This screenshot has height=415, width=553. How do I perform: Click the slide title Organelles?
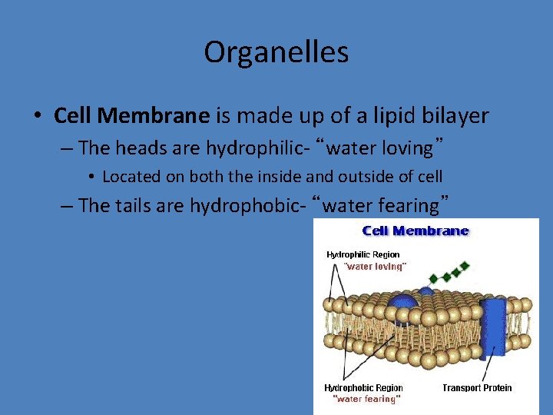click(x=276, y=52)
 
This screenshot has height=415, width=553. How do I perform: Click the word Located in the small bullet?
click(x=131, y=177)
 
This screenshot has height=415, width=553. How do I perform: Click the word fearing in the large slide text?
click(x=399, y=205)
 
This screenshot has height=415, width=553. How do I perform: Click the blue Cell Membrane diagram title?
click(x=415, y=231)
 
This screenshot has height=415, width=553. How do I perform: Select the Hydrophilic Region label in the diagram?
click(x=363, y=254)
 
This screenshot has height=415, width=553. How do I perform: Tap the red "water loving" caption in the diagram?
click(x=375, y=266)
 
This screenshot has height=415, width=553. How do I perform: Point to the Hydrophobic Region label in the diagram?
click(x=363, y=388)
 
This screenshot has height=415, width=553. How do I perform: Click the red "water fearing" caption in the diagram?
click(x=366, y=399)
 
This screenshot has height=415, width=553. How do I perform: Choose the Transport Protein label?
click(x=477, y=388)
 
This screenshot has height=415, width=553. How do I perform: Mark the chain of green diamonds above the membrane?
click(x=449, y=273)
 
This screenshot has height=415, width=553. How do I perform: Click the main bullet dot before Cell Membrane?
click(x=37, y=117)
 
